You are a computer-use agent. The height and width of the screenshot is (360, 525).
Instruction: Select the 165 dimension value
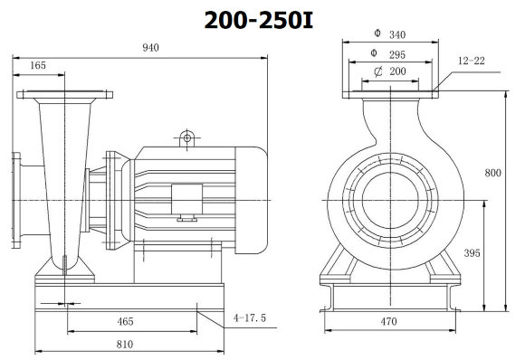click(38, 65)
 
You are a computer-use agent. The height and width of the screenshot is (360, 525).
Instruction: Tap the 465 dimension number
click(126, 321)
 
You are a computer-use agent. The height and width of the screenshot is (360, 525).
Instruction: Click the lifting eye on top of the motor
click(187, 137)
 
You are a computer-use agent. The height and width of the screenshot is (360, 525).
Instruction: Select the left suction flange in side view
click(17, 198)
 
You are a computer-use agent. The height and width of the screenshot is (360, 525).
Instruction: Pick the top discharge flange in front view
click(389, 93)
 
